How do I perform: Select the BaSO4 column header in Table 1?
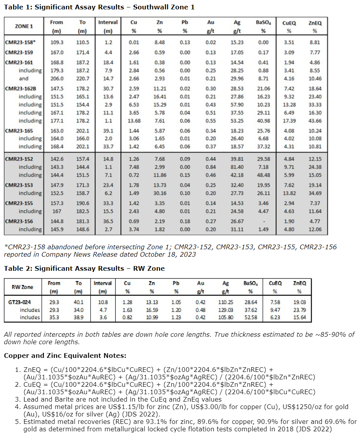(x=263, y=26)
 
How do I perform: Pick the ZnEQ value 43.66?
(x=315, y=120)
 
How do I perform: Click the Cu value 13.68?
(x=134, y=120)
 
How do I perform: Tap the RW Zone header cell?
(x=22, y=287)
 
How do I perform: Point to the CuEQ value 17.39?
(x=289, y=120)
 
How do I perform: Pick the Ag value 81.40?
(x=237, y=167)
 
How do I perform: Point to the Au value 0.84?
(x=211, y=167)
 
